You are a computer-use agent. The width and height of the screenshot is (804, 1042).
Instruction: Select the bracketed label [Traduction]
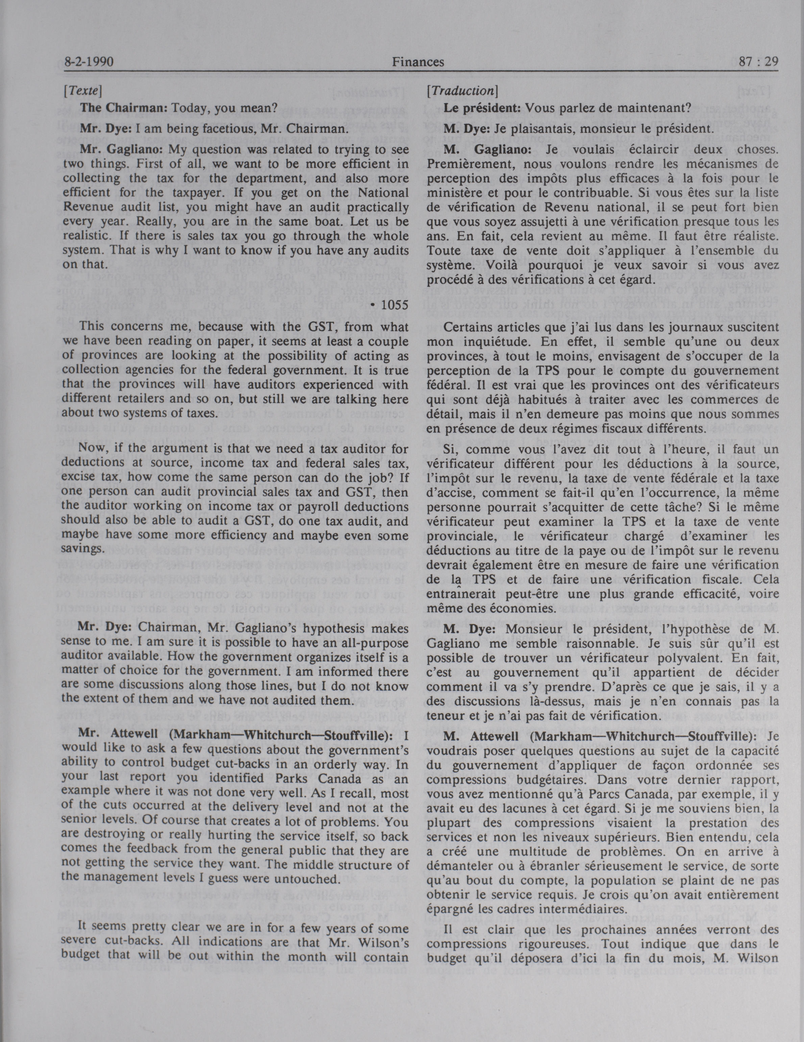tap(462, 90)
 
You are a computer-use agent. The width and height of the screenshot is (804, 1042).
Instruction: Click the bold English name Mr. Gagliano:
tap(122, 150)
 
